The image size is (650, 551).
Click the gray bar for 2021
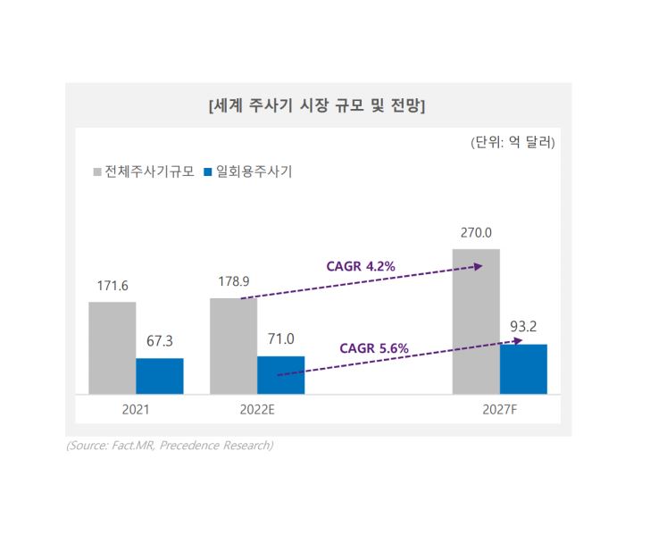112,347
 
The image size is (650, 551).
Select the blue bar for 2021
160,376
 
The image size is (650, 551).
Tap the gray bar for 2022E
233,346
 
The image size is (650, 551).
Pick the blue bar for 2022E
280,375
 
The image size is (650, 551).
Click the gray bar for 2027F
476,321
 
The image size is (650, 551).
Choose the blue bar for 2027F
523,369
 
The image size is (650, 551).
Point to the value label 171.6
112,286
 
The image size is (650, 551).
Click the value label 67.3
160,342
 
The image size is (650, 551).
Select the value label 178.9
233,281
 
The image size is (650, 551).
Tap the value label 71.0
280,339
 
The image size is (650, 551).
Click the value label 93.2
523,327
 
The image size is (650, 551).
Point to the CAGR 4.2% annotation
362,265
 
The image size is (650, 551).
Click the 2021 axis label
136,411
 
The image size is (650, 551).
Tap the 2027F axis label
499,411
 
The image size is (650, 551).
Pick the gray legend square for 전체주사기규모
97,171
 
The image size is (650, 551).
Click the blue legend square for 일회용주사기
208,171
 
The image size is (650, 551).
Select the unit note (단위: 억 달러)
512,142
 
